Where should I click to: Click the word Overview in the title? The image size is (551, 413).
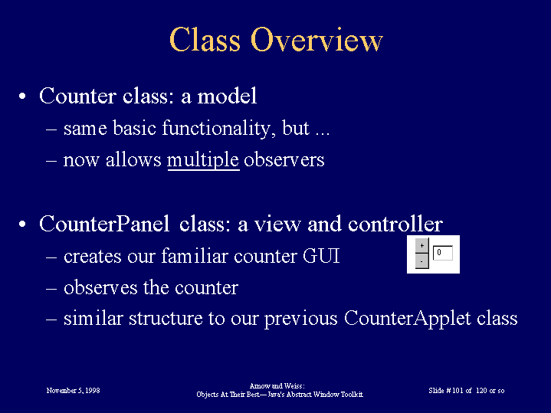point(316,40)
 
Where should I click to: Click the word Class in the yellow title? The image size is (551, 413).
point(205,39)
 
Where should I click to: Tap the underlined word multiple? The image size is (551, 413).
point(203,160)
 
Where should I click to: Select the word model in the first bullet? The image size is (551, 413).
point(227,96)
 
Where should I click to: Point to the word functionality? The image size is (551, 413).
point(216,128)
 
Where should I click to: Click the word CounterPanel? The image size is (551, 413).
point(104,224)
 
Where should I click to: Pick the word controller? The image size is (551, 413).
point(395,224)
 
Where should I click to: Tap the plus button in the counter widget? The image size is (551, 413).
point(421,246)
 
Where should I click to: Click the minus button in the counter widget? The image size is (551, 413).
point(421,261)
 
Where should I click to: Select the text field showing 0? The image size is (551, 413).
point(442,253)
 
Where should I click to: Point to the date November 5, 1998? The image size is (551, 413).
point(73,391)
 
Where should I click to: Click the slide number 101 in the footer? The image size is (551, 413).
point(458,391)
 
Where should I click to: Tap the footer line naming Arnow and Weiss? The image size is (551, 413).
point(277,386)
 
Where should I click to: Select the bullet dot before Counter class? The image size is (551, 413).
point(22,97)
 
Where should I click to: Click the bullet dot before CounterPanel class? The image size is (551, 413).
point(22,225)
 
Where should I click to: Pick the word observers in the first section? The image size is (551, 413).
point(284,160)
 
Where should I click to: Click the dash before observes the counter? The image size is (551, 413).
point(51,289)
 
